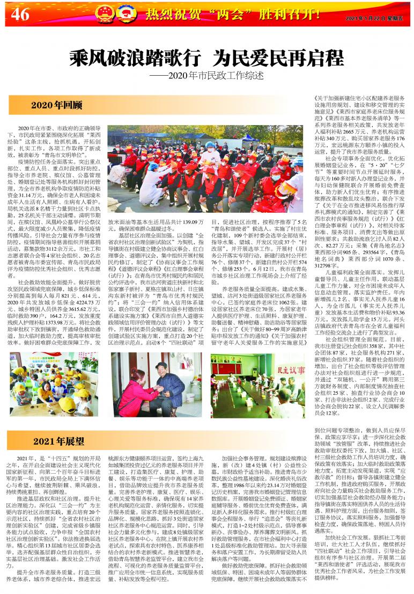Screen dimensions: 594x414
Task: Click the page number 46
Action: coord(20,15)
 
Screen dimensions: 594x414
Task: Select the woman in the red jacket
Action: coord(130,388)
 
